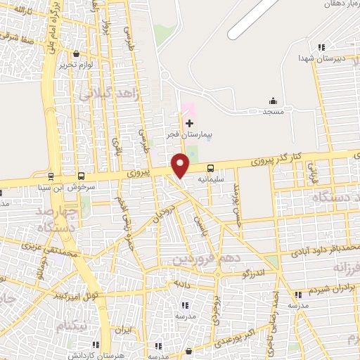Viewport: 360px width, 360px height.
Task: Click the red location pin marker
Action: point(181,165)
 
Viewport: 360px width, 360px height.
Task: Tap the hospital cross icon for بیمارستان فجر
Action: point(188,123)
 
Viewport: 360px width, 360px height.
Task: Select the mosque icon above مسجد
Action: point(272,102)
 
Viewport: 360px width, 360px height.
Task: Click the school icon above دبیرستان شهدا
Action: point(321,48)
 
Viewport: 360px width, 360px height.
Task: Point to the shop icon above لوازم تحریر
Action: point(76,53)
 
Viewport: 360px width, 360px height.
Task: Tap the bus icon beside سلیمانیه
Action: point(211,168)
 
